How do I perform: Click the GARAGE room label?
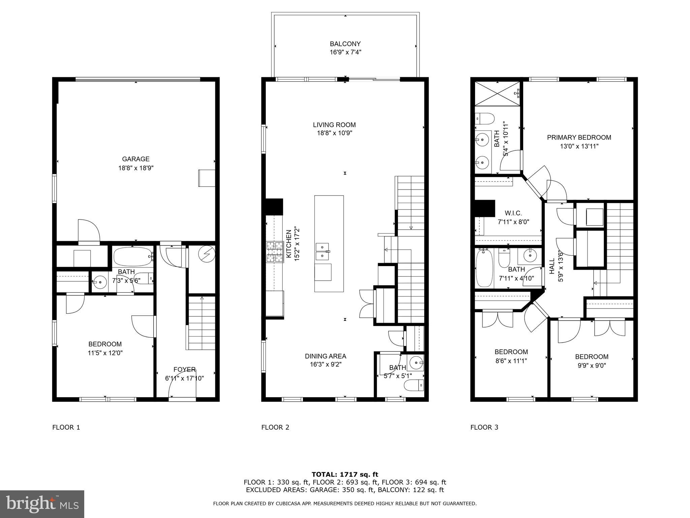click(135, 159)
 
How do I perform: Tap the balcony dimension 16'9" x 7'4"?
click(345, 52)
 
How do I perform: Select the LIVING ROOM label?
click(334, 125)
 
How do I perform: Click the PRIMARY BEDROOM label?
click(579, 137)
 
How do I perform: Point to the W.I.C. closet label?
click(513, 213)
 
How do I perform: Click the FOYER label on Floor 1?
click(184, 369)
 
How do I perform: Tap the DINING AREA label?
click(325, 356)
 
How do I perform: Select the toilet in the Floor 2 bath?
click(414, 385)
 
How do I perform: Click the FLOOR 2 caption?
click(275, 427)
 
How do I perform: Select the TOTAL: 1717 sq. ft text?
click(345, 474)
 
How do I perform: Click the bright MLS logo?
click(42, 504)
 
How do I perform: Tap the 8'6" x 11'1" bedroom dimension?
click(511, 361)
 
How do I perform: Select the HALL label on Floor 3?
click(552, 266)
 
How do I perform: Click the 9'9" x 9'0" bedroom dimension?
click(591, 365)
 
